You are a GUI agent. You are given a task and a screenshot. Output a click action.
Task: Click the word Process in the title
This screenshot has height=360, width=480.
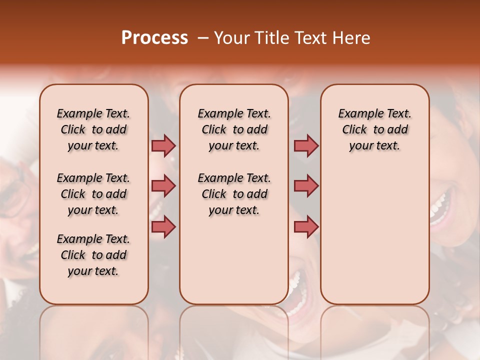pos(154,38)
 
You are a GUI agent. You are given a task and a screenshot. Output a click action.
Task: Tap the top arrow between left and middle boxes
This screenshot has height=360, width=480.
pos(163,145)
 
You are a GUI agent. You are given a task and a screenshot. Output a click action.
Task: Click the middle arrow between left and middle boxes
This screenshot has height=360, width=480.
pos(163,186)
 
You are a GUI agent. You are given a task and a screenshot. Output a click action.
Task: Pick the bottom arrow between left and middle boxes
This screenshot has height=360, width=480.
pos(163,226)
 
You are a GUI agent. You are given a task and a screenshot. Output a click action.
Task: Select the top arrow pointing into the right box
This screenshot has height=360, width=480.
pos(306,145)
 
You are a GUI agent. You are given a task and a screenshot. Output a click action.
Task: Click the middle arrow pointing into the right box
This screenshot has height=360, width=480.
pos(306,186)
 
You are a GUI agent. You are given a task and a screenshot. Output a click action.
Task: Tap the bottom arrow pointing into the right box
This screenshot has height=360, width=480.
pos(306,226)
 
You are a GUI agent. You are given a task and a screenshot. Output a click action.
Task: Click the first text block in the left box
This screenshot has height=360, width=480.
pos(93,129)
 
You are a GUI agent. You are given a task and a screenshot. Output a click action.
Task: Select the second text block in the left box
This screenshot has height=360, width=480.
pos(93,194)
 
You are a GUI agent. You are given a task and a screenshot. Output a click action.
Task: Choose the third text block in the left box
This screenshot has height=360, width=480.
pos(93,255)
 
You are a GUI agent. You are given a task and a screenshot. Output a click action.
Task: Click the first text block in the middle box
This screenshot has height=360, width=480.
pos(234,129)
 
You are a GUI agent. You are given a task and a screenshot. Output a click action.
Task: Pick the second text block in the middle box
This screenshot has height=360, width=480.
pos(234,194)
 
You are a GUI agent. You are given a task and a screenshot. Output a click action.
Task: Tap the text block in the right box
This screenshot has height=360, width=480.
pos(375,129)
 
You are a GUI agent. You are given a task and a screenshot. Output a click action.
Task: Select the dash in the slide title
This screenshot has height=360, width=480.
pos(203,38)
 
